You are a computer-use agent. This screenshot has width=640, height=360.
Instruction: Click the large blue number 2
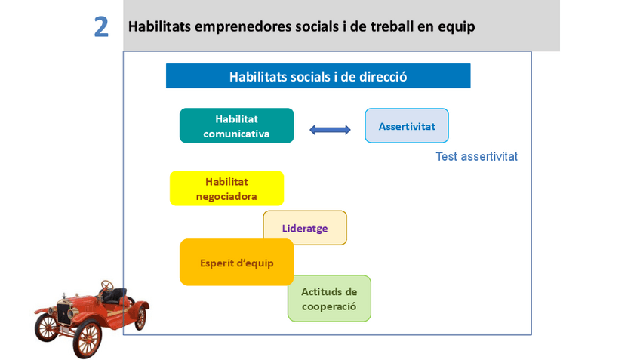pos(101,27)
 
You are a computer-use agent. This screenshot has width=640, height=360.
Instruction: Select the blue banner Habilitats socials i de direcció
pos(318,76)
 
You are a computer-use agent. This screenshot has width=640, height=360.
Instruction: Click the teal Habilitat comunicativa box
pos(237,126)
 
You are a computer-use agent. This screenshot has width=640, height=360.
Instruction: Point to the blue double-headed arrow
pos(330,130)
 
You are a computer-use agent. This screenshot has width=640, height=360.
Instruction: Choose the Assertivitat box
pos(407,126)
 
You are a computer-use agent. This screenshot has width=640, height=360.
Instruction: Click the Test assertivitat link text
pos(476,157)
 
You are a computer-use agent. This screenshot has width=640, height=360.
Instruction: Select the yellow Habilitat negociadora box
pos(226,189)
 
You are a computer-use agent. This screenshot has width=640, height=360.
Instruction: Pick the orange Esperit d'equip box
pos(237,263)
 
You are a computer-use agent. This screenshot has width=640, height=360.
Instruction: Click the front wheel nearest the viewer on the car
pos(88,338)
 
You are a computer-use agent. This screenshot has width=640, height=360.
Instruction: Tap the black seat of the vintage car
pos(115,296)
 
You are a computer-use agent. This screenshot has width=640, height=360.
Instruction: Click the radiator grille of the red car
pos(63,313)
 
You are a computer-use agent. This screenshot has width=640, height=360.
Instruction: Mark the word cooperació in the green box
pos(329,306)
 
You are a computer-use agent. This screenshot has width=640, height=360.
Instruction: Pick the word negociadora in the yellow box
pos(226,197)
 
